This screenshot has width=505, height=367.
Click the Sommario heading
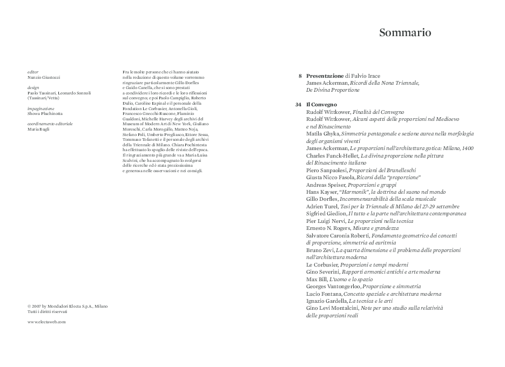click(405, 33)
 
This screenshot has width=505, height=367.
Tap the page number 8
click(300, 76)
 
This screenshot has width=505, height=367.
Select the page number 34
click(298, 104)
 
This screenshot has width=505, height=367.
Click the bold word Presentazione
click(325, 76)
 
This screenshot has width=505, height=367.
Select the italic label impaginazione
click(41, 108)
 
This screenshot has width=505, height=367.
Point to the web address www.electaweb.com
click(46, 322)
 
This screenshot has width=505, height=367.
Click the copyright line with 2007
click(68, 306)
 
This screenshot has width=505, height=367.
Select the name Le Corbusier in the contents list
click(322, 265)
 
